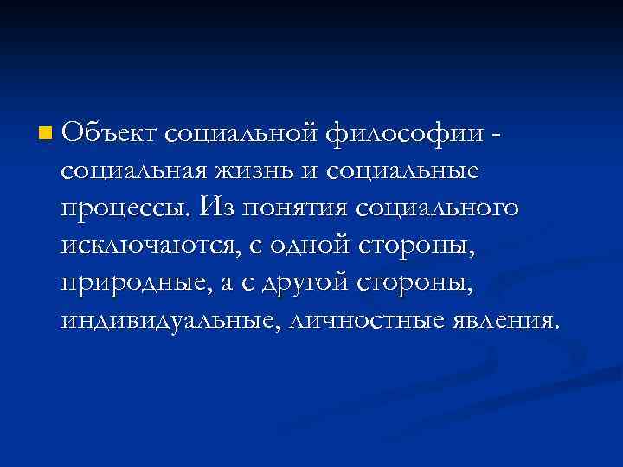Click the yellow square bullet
[44, 134]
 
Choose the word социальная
[132, 171]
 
